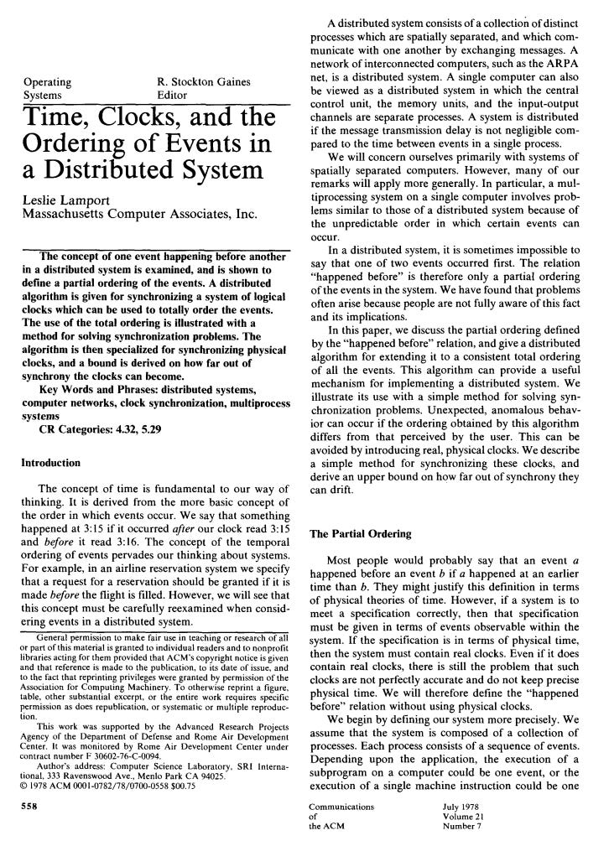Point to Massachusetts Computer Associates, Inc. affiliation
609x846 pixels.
coord(138,213)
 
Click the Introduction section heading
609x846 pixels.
coord(50,462)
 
